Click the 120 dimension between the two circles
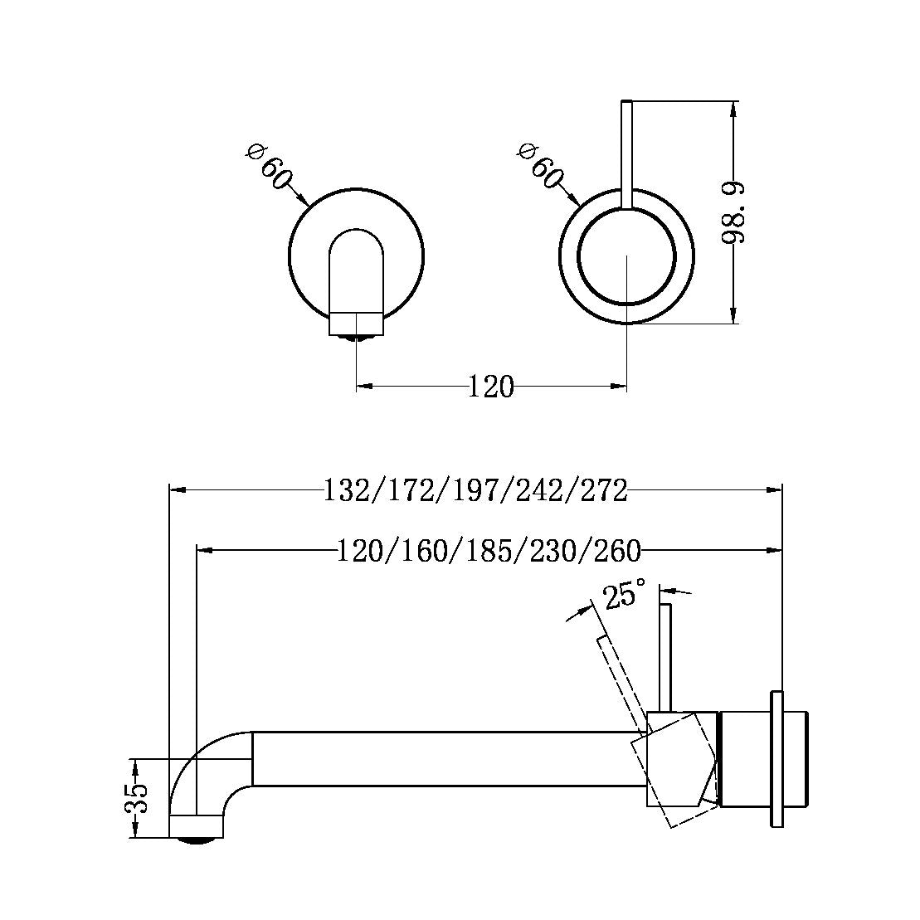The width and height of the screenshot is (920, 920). click(x=491, y=387)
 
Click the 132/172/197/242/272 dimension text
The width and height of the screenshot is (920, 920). click(x=475, y=490)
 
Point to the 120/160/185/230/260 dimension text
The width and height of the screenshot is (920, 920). click(x=489, y=551)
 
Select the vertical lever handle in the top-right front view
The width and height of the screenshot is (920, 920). click(x=626, y=153)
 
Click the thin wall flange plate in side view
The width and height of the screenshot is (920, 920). click(x=776, y=758)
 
